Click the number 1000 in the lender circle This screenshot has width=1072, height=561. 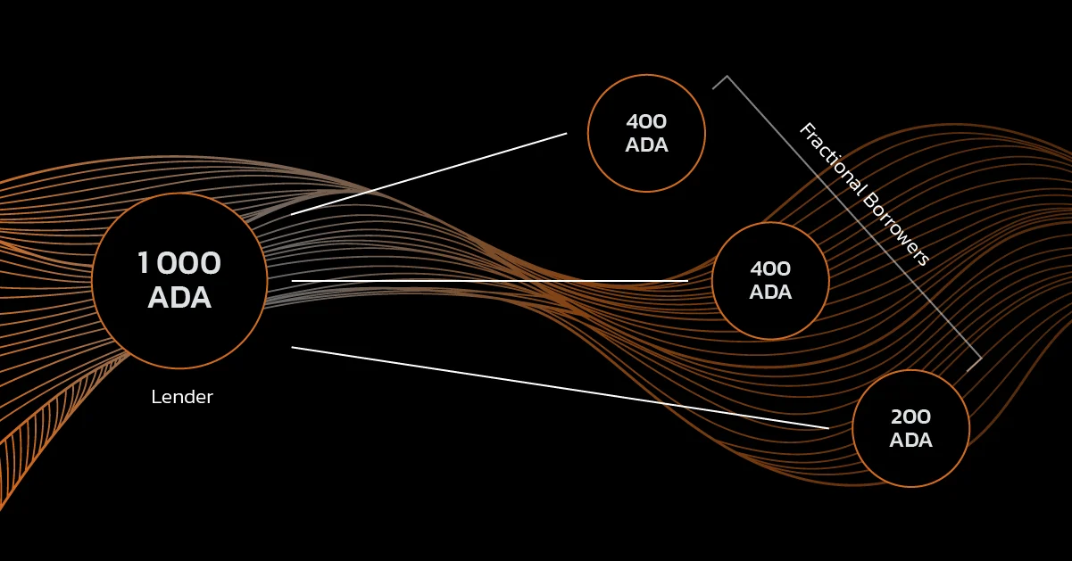coord(179,264)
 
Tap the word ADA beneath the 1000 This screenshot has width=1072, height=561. coord(179,298)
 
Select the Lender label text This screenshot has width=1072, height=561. coord(182,397)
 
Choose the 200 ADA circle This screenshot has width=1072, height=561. coord(910,429)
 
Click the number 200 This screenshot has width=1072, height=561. coord(910,417)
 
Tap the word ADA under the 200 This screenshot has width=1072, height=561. coord(910,440)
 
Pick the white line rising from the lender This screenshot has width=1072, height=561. coord(428,174)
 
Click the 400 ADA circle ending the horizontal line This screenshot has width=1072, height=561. coord(770,281)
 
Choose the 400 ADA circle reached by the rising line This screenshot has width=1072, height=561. coord(646,133)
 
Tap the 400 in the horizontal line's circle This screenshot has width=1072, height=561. coord(770,268)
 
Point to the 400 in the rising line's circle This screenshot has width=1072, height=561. coord(646,121)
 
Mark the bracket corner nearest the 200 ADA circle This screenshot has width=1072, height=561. coord(981,360)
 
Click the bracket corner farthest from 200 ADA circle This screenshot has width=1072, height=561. coord(726,77)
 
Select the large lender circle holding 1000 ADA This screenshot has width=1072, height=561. coord(179,281)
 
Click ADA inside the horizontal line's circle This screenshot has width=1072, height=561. coord(770,292)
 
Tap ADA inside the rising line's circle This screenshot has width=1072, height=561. coord(646,144)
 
